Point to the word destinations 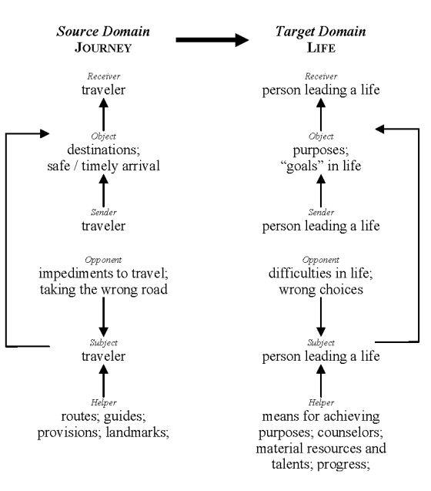click(103, 150)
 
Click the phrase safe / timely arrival click(103, 166)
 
